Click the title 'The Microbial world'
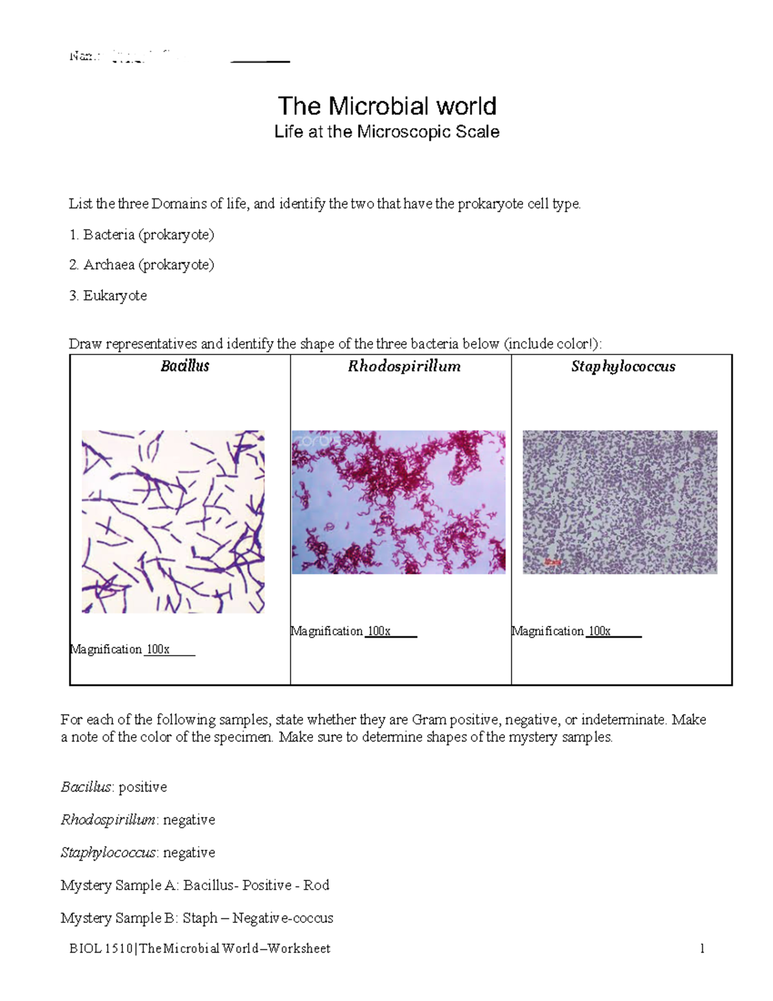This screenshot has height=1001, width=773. click(x=386, y=106)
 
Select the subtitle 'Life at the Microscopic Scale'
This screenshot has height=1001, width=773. click(x=386, y=132)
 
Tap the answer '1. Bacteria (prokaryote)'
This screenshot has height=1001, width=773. click(x=142, y=235)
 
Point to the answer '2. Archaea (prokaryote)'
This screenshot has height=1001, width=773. click(x=142, y=265)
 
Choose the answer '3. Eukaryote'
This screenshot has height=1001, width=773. click(x=108, y=296)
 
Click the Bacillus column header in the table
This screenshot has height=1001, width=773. click(x=185, y=366)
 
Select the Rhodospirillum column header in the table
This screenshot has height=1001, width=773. click(x=404, y=366)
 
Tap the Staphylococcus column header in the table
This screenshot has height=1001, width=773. click(x=623, y=366)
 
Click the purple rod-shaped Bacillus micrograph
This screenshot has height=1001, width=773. click(x=173, y=521)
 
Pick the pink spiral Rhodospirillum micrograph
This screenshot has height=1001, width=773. click(x=398, y=501)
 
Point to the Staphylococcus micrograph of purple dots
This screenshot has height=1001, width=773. click(x=620, y=501)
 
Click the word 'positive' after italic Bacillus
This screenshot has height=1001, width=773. click(x=142, y=787)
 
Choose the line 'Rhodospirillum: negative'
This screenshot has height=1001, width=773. click(x=138, y=820)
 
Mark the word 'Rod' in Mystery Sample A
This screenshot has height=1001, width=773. click(x=316, y=885)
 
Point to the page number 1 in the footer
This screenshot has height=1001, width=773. click(x=702, y=948)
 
